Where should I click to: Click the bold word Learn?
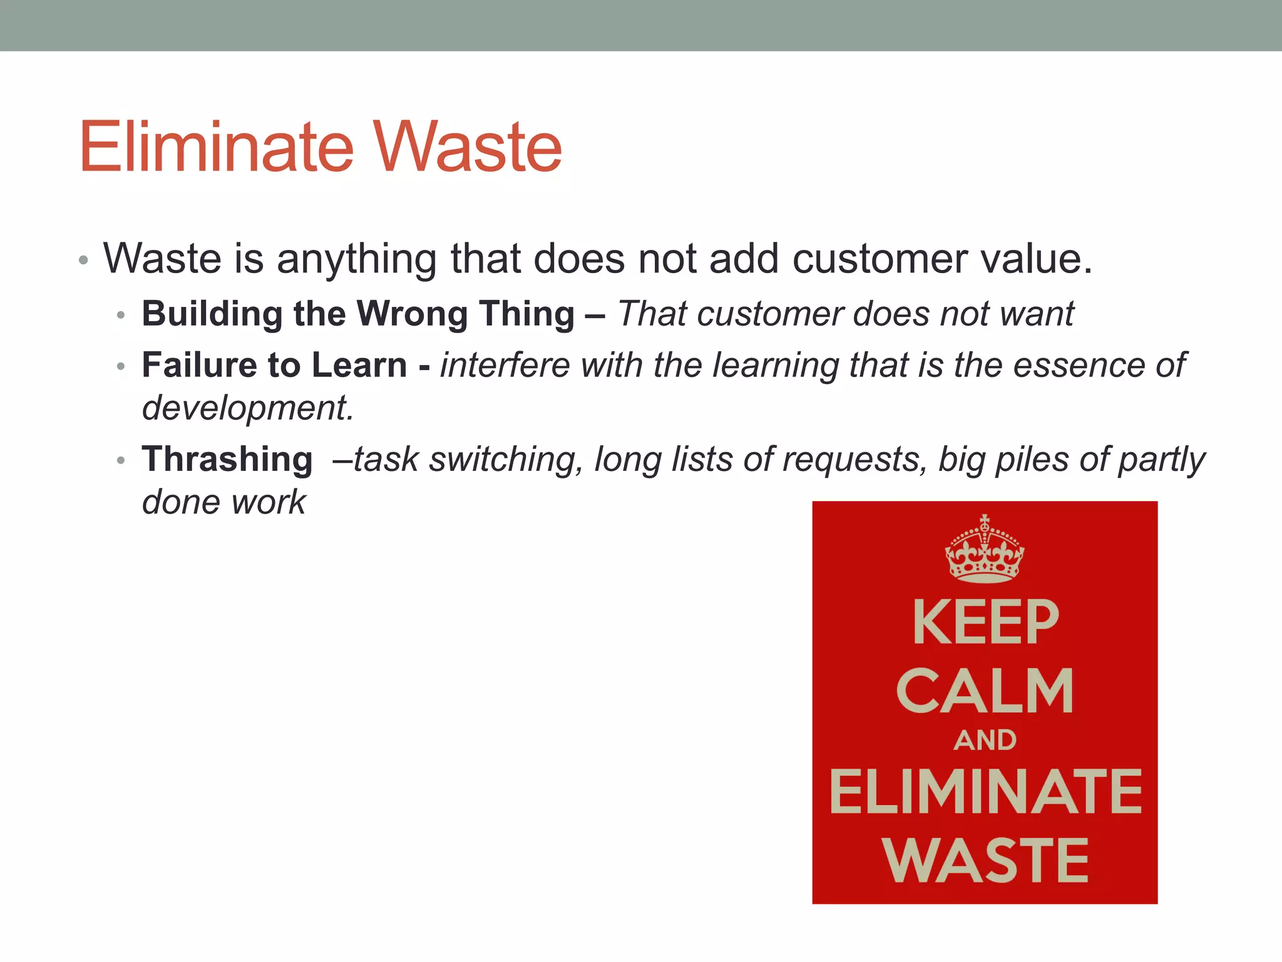point(359,365)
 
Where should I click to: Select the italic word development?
point(248,408)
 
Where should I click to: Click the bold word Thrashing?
point(227,459)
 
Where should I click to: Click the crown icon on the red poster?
point(985,549)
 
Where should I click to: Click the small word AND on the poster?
point(985,740)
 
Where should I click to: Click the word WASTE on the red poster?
point(985,861)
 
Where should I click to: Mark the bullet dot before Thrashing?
point(121,461)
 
